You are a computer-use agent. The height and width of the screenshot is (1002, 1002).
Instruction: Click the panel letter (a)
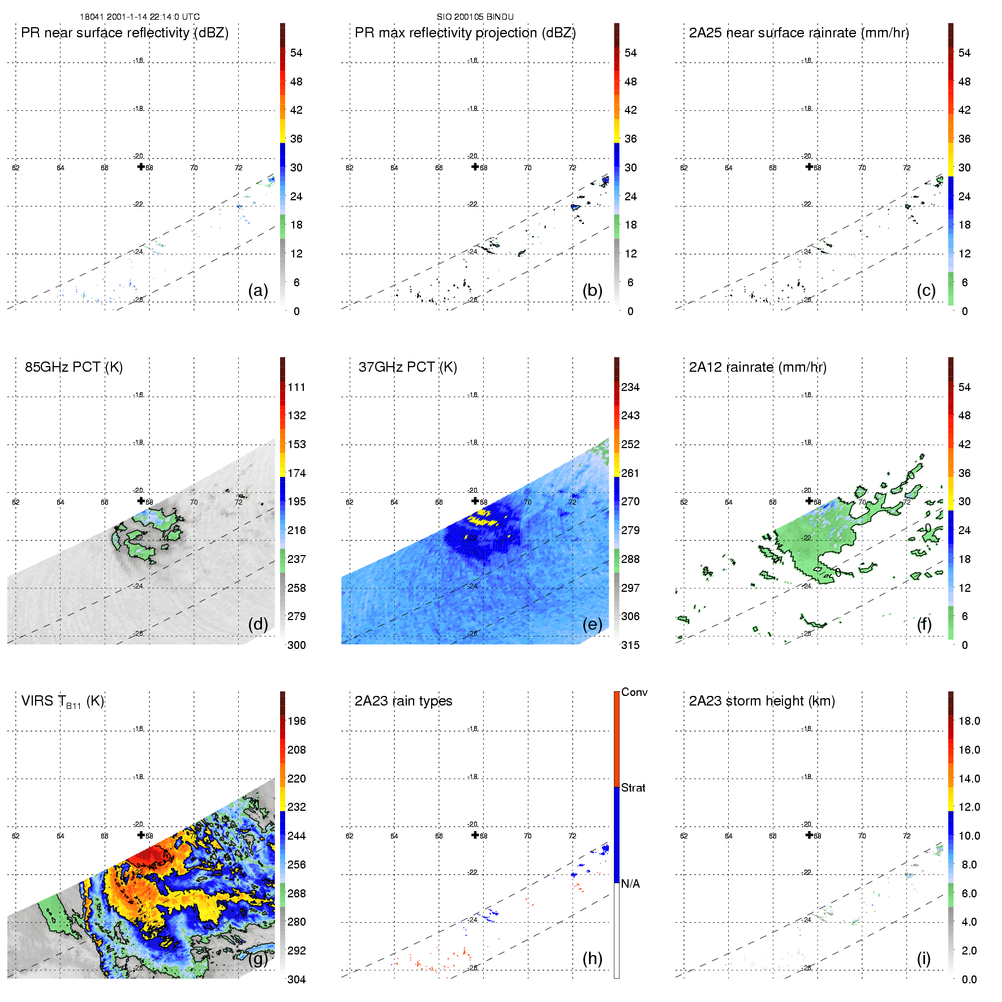coord(257,291)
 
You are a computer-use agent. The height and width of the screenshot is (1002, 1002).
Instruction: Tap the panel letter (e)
coord(592,625)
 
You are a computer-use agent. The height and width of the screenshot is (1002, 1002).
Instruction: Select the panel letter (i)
coord(923,958)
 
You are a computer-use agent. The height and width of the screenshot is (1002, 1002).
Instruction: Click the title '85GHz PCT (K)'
coord(74,367)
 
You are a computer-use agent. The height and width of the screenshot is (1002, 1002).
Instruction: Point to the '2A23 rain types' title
coord(403,701)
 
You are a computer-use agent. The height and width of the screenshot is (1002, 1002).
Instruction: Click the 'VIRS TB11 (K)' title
coord(62,702)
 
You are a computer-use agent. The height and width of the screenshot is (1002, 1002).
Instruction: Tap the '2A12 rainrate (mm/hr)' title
coord(758,367)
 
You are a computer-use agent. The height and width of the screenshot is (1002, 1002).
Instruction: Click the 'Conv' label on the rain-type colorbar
coord(634,693)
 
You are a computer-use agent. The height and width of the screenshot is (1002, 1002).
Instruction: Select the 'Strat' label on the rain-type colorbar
coord(633,788)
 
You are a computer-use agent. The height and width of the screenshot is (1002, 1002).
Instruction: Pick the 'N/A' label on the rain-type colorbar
coord(630,884)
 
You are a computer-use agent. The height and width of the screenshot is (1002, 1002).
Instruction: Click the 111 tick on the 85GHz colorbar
coord(296,388)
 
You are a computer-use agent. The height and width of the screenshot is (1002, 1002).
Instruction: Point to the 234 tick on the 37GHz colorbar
coord(630,388)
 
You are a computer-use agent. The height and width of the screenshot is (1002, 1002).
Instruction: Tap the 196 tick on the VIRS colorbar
coord(296,721)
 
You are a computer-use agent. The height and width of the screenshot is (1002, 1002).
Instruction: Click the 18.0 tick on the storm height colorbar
coord(969,721)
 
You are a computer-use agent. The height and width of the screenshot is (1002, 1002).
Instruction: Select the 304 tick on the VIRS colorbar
coord(296,979)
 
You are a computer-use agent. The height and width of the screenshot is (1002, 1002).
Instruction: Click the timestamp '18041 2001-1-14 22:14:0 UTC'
coord(140,17)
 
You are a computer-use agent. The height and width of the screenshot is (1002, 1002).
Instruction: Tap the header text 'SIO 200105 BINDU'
coord(475,17)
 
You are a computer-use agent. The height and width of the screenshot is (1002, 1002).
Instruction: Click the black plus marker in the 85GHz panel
coord(141,501)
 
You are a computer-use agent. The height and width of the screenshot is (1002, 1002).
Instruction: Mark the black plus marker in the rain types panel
coord(475,835)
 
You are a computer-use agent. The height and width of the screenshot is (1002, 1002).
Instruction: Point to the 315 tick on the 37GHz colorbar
coord(630,646)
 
